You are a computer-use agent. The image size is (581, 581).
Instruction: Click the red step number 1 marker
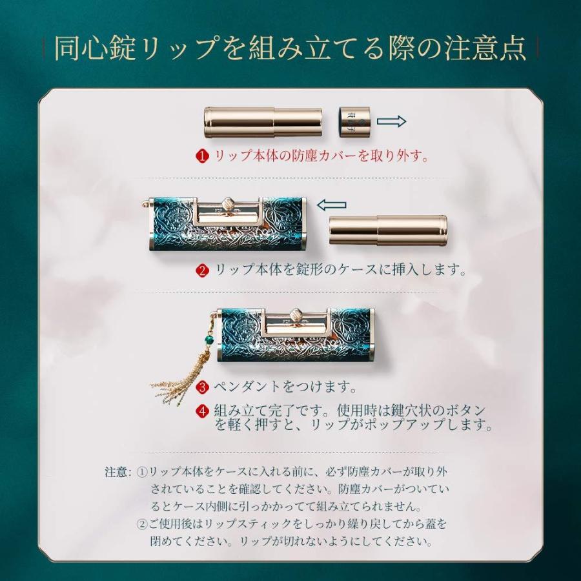point(203,156)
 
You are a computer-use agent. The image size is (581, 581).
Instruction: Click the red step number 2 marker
point(203,270)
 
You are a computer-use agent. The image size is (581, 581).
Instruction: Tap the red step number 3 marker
point(203,387)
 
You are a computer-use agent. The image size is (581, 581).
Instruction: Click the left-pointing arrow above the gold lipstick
point(332,205)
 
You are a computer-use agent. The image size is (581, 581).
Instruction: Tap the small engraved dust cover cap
point(354,121)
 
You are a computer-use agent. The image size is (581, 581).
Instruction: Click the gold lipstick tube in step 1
point(262,121)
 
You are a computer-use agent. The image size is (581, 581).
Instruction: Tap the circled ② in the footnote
point(143,523)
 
